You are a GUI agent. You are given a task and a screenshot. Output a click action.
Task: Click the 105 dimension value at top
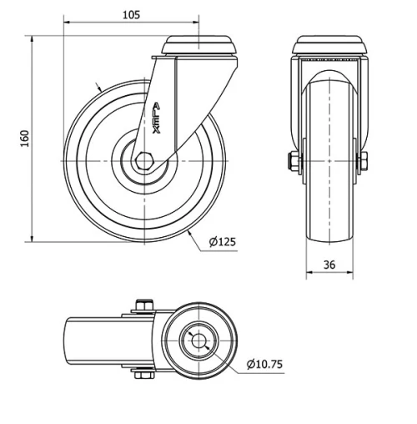tap(131, 14)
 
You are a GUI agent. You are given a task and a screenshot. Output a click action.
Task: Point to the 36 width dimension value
tap(329, 265)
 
